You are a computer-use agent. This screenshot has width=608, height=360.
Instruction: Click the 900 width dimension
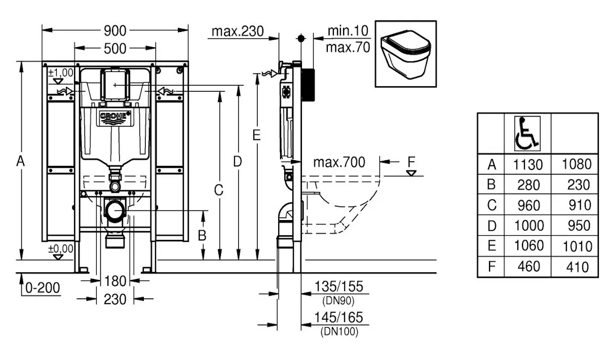point(115,30)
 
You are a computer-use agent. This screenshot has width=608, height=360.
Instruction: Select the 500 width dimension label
point(115,48)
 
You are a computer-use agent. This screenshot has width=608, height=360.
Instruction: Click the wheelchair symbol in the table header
point(527,133)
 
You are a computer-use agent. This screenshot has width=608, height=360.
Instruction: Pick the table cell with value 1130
point(528,164)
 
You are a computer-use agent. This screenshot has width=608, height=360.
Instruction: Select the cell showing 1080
point(576,164)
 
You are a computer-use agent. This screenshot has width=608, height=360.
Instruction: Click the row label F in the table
point(490,266)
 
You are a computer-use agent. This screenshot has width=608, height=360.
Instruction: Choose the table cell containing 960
point(528,205)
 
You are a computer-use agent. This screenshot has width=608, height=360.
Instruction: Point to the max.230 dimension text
point(238,31)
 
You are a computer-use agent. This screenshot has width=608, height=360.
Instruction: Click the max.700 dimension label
point(338,162)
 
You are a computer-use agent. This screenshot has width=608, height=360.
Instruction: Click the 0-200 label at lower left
point(42,288)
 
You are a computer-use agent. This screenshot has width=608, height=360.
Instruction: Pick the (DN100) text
point(339,332)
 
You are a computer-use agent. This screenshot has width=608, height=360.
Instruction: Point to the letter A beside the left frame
point(20,161)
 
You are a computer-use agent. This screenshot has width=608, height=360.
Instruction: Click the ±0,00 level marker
point(60,249)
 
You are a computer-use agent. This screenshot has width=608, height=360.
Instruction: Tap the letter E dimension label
point(256,135)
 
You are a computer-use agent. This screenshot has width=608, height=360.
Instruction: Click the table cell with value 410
point(576,266)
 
